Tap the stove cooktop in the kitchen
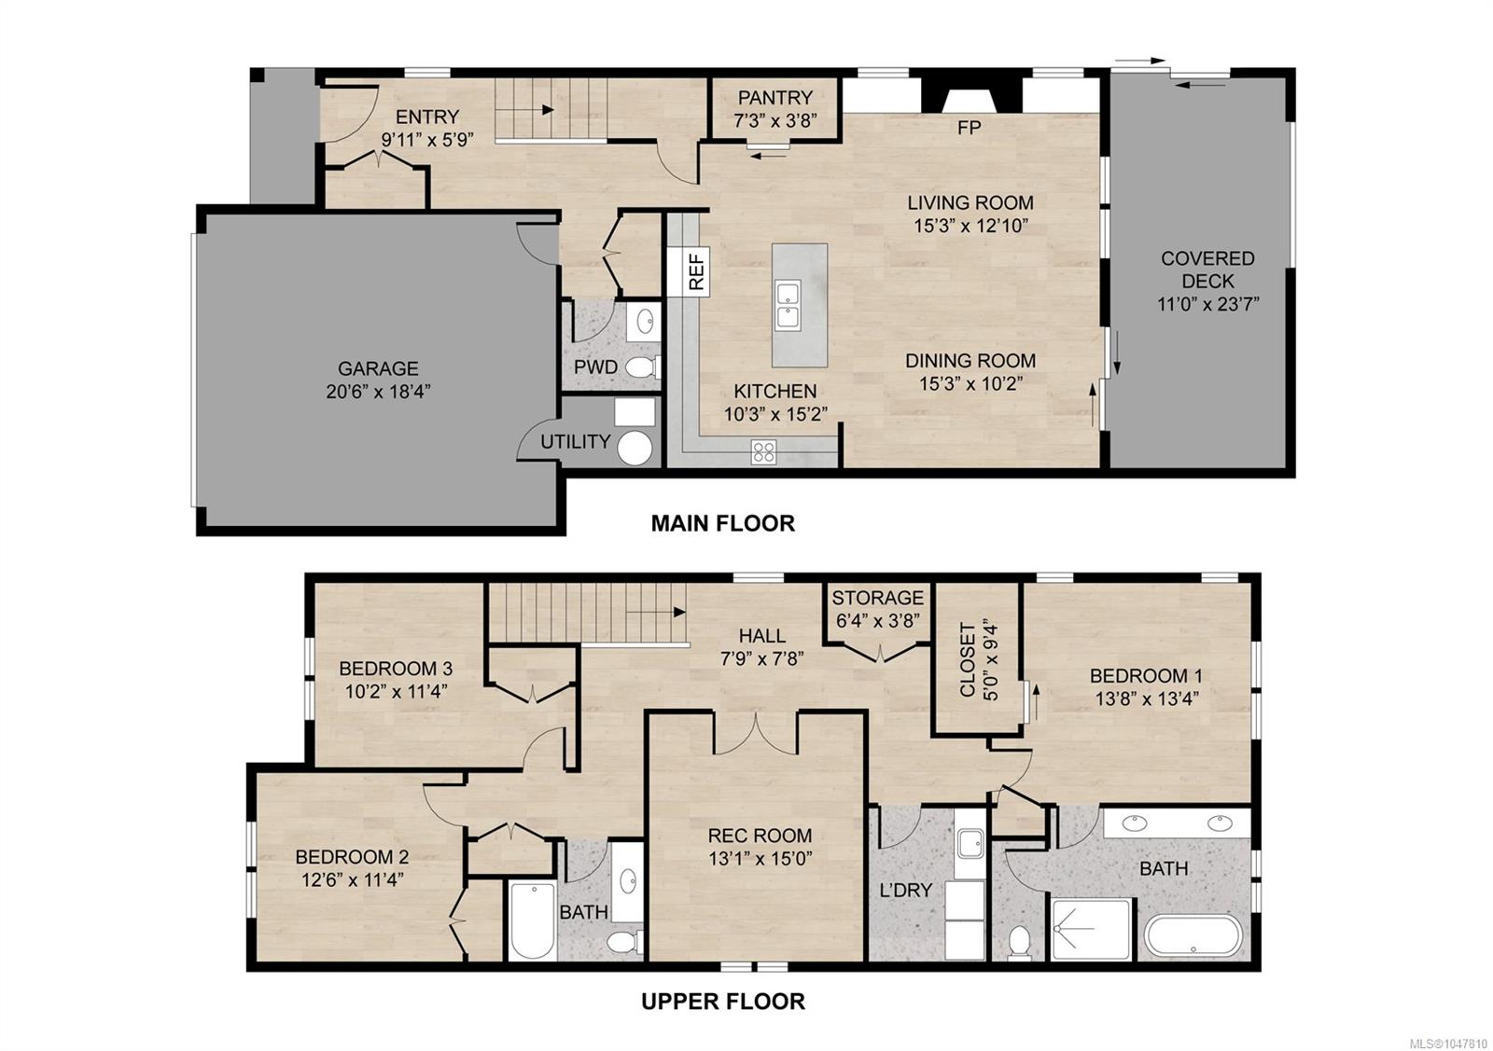click(764, 452)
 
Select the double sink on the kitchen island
click(788, 306)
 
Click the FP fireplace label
click(970, 127)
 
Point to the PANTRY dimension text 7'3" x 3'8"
click(775, 120)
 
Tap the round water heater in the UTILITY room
click(635, 448)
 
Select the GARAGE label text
click(378, 368)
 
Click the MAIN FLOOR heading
click(723, 523)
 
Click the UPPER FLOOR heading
click(723, 1002)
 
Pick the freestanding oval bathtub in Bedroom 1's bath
click(1193, 935)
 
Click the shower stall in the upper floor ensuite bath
click(1091, 929)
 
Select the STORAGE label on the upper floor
click(878, 598)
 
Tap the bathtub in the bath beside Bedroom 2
click(532, 920)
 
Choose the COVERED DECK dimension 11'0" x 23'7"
click(1207, 304)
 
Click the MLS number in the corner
click(1452, 1042)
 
